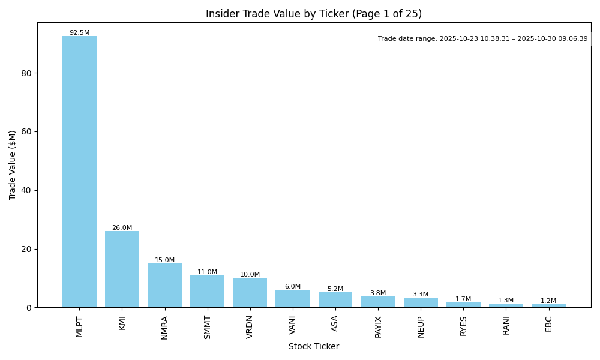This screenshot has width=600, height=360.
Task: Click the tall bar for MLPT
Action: click(79, 172)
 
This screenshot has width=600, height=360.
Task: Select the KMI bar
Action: click(122, 269)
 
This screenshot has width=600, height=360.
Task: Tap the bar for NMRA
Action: click(164, 286)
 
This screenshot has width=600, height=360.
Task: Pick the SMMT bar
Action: click(207, 292)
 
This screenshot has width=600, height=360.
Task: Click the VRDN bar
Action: click(250, 293)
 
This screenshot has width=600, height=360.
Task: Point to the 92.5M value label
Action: click(79, 33)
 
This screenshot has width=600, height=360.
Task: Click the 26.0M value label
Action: click(122, 228)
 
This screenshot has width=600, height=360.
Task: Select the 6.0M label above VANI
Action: click(293, 287)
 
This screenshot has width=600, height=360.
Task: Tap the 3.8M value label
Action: click(378, 293)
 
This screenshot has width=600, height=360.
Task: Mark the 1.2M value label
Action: click(548, 301)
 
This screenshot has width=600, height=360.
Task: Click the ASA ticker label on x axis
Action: click(335, 323)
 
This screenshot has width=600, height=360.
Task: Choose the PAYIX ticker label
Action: click(378, 327)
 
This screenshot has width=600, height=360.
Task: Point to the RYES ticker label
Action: click(463, 326)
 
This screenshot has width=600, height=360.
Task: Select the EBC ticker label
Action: click(548, 323)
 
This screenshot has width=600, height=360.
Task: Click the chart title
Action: click(314, 14)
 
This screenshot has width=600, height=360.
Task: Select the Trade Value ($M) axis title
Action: click(13, 165)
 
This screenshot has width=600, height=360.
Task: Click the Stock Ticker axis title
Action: click(314, 347)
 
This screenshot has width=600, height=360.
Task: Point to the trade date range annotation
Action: click(483, 39)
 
